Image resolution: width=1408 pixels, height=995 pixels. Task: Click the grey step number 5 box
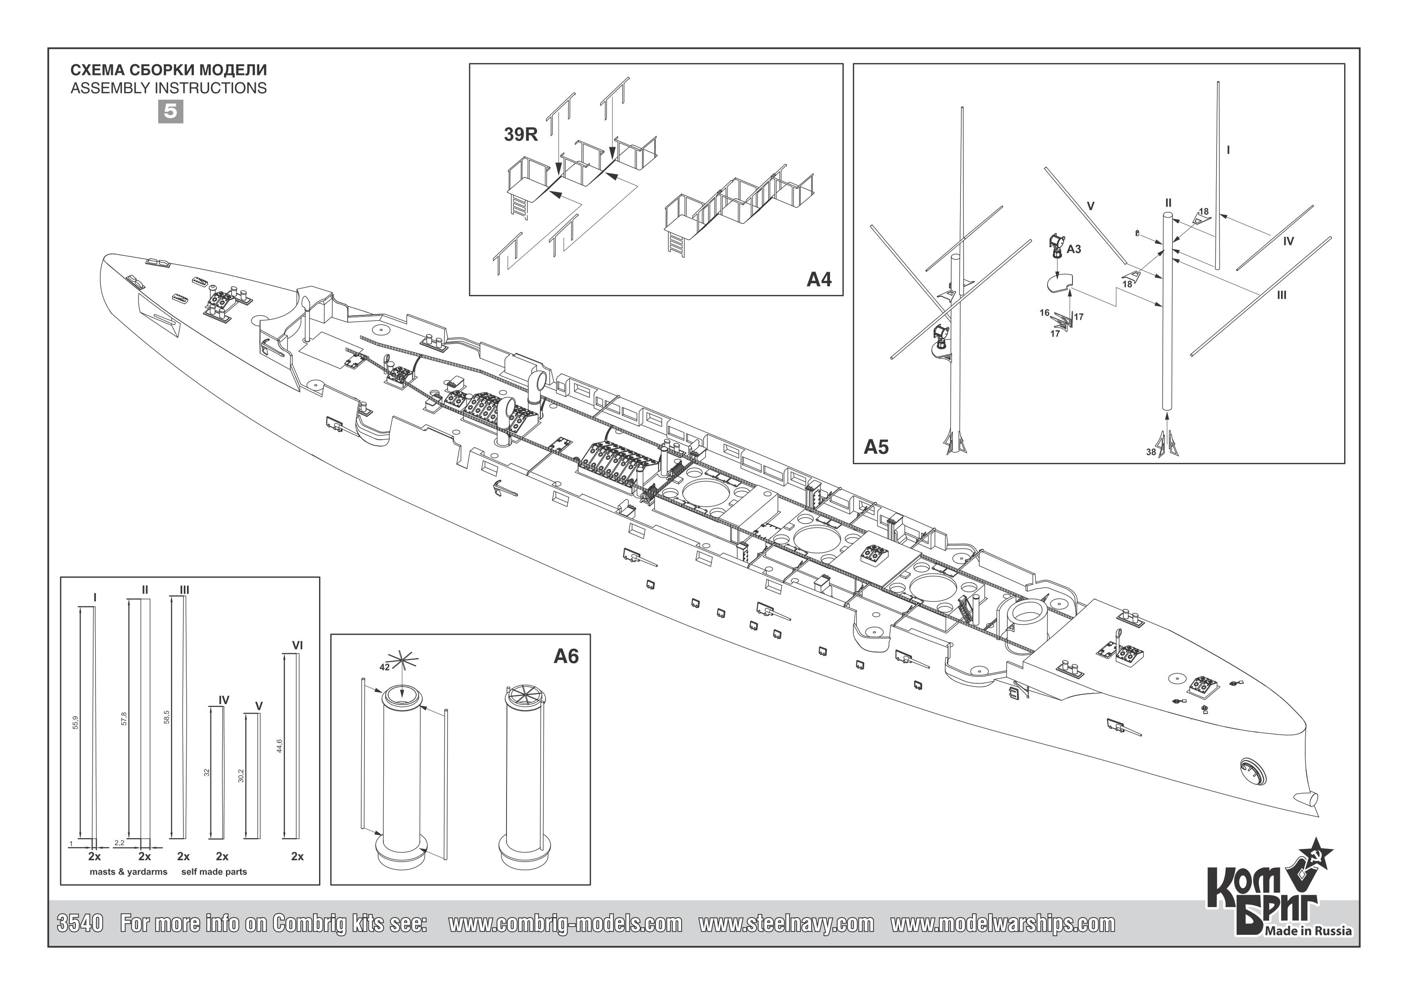(x=171, y=112)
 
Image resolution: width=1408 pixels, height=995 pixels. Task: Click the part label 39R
(x=521, y=135)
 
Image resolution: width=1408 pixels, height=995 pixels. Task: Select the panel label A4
(x=819, y=280)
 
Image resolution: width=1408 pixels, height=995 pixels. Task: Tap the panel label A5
(x=876, y=447)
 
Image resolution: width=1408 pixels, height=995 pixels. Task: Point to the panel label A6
(x=566, y=657)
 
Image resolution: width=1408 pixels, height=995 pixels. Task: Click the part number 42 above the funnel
(x=385, y=668)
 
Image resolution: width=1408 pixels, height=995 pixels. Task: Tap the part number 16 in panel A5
(x=1044, y=313)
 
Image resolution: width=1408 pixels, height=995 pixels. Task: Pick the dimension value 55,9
(x=75, y=722)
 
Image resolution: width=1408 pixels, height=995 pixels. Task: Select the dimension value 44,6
(x=279, y=745)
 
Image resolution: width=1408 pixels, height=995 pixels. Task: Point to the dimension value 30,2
(x=241, y=776)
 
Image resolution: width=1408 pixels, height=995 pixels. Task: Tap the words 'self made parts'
(x=214, y=872)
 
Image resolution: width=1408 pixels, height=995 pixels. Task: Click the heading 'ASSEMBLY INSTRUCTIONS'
(x=169, y=88)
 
